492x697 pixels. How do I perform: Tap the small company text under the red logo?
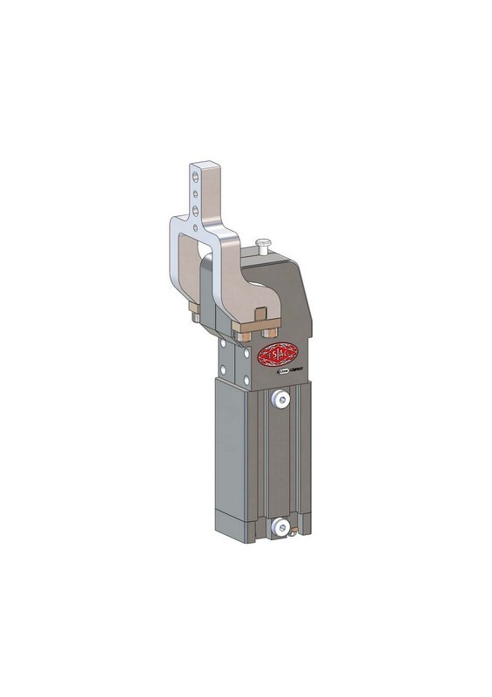coord(281,376)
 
